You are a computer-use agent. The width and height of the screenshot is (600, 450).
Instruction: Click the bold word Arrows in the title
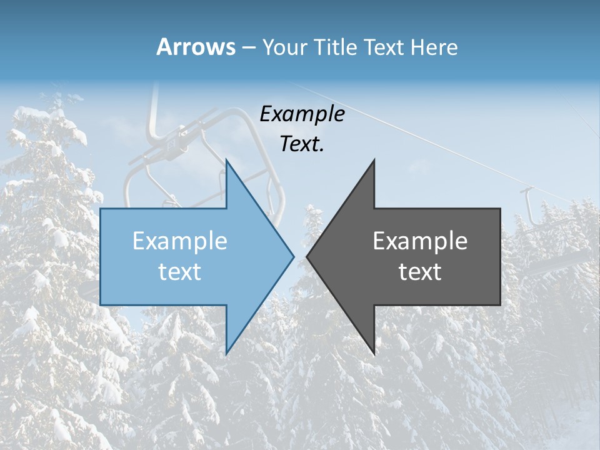196,47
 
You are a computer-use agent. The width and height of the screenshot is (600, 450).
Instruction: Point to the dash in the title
248,47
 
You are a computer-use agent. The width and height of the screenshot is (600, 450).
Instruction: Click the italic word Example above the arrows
302,114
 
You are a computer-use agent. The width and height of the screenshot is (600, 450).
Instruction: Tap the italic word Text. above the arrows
302,144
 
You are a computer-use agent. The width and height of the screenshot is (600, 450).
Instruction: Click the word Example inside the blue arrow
180,241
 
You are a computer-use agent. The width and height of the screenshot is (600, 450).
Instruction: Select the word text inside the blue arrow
180,272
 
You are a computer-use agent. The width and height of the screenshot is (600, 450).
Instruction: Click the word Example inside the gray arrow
420,241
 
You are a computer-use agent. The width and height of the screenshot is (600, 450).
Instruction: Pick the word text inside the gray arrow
420,272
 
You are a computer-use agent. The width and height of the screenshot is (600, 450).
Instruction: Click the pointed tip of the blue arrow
293,256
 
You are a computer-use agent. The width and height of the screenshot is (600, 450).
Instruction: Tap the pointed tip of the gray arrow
307,256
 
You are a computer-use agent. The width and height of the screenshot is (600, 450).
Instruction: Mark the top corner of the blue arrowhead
226,161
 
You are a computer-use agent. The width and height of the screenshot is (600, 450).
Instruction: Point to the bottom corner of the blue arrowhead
226,353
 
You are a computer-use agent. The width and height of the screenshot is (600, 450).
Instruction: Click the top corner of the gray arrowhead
374,161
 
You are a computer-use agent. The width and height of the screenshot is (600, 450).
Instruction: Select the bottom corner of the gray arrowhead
374,353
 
